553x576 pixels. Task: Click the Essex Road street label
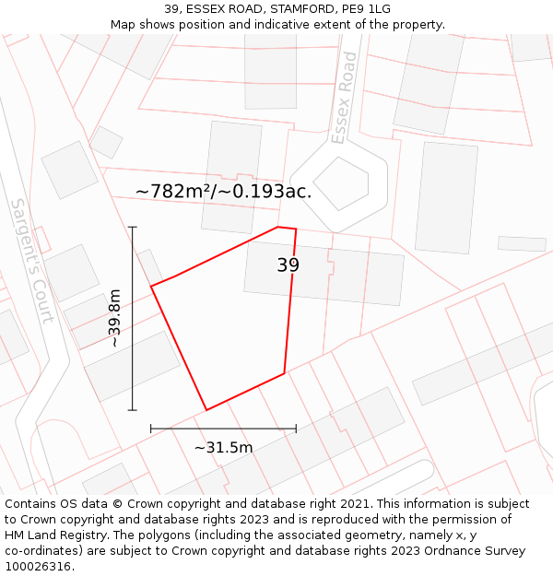pos(344,98)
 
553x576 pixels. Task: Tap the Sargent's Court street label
pos(32,260)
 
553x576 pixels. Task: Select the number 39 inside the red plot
pos(288,265)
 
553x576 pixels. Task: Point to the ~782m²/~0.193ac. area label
pos(223,192)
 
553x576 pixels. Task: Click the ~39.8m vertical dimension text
pos(114,318)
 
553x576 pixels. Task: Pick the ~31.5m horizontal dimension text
pos(223,448)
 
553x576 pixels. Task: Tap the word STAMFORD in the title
pos(276,8)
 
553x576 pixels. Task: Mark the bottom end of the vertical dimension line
pos(133,410)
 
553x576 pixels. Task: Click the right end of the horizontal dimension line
pos(296,428)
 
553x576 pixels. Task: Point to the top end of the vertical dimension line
pos(133,227)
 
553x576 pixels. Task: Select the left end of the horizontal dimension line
pos(151,428)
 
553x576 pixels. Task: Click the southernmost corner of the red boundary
pos(206,409)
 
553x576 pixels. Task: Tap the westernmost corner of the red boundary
pos(151,287)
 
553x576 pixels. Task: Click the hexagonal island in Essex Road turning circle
pos(340,183)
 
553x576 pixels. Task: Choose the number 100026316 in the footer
pos(39,567)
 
